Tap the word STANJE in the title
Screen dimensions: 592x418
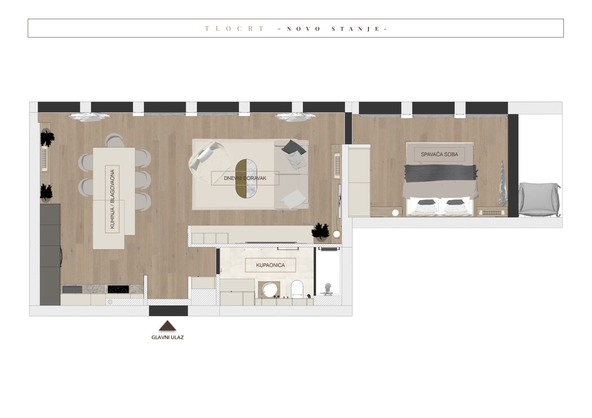pos(356,29)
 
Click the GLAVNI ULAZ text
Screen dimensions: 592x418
pos(168,337)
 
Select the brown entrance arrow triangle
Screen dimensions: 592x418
pos(167,325)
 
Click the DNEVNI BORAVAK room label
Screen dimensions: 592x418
pos(245,178)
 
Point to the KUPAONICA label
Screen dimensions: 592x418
pos(270,265)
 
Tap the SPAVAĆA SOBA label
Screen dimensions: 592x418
pos(439,154)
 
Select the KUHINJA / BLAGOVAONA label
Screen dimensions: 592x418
pos(112,199)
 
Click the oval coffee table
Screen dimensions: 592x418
pos(246,178)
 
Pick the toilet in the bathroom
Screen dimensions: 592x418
pos(297,288)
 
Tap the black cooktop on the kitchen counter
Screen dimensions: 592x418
pos(118,289)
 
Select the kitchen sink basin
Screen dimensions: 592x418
pos(72,289)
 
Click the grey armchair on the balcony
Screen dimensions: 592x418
pos(539,200)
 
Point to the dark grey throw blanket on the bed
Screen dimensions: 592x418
pos(440,173)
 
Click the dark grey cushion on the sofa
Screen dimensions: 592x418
pos(294,147)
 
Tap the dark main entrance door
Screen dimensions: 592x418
pos(168,311)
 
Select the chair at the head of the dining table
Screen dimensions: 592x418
pos(115,140)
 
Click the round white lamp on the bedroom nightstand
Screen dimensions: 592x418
pos(395,213)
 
